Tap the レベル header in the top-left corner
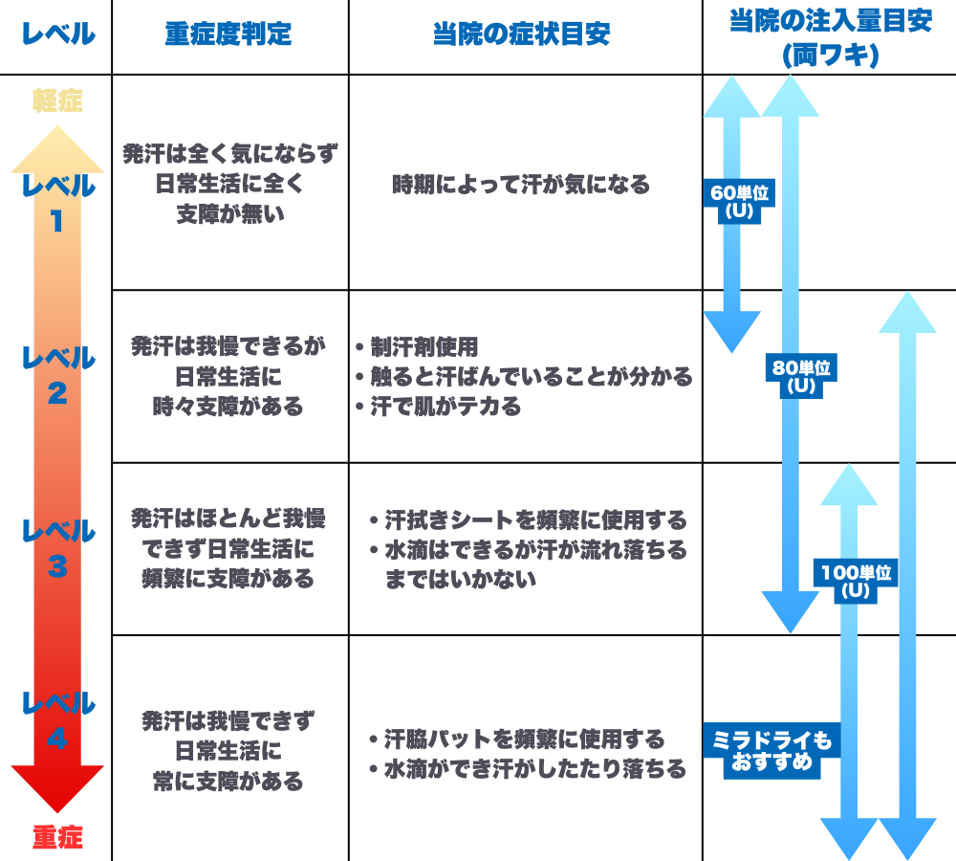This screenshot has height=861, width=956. (x=57, y=35)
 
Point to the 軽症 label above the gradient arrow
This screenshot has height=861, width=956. (x=57, y=100)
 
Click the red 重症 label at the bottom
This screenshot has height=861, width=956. (x=57, y=838)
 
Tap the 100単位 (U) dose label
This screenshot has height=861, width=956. (x=856, y=582)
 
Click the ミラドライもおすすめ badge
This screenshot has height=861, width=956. (x=773, y=751)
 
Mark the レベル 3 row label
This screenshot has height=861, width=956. (x=57, y=548)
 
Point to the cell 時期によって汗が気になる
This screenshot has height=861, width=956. (x=521, y=185)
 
